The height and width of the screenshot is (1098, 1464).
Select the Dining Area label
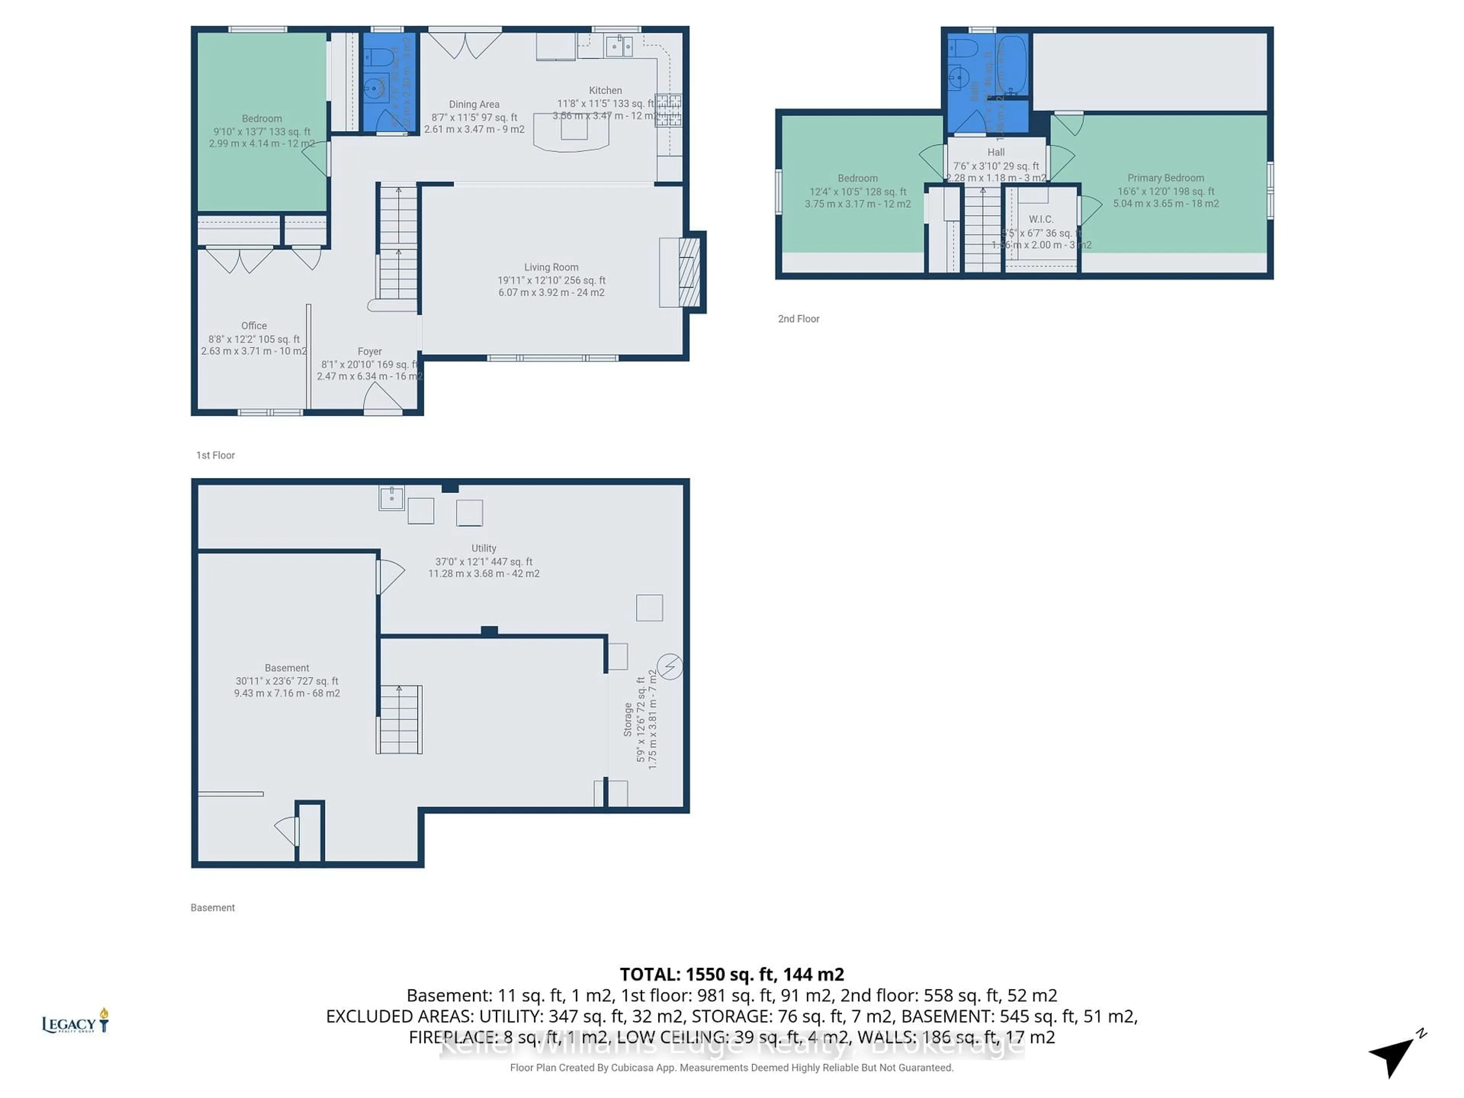pos(474,104)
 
